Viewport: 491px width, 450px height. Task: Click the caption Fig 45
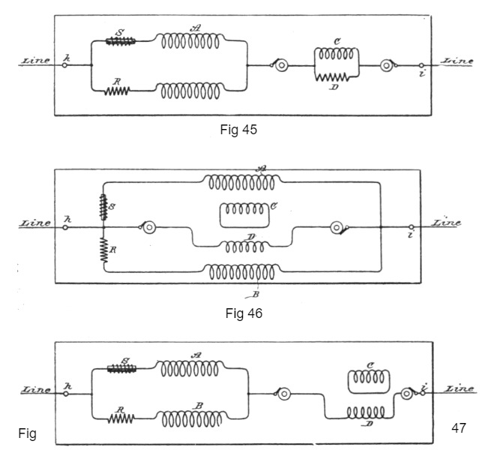coord(238,130)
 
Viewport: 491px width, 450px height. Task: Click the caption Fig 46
coord(244,313)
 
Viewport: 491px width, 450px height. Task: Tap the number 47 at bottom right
coord(459,427)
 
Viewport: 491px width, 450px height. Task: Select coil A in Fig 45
coord(190,41)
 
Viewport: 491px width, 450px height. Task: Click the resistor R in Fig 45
coord(117,91)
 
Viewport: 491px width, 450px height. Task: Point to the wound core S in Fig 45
coord(121,41)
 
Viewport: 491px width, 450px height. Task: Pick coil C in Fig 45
coord(337,54)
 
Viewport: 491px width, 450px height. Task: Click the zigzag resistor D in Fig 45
coord(332,77)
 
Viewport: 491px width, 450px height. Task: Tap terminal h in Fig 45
coord(64,65)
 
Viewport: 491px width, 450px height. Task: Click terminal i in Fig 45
coord(421,65)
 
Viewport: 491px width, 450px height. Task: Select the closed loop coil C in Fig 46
coord(244,215)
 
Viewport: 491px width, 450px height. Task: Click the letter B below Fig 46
coord(256,295)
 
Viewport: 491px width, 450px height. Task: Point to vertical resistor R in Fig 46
coord(104,250)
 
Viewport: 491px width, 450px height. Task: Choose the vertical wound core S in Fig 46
coord(103,207)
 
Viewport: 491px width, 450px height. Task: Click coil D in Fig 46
coord(244,247)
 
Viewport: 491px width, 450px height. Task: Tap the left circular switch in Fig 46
coord(149,227)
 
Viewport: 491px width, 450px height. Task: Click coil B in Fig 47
coord(191,419)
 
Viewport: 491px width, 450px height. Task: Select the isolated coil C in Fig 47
coord(369,381)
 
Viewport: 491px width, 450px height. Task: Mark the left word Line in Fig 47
coord(36,389)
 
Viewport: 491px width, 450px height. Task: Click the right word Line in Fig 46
coord(446,223)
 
